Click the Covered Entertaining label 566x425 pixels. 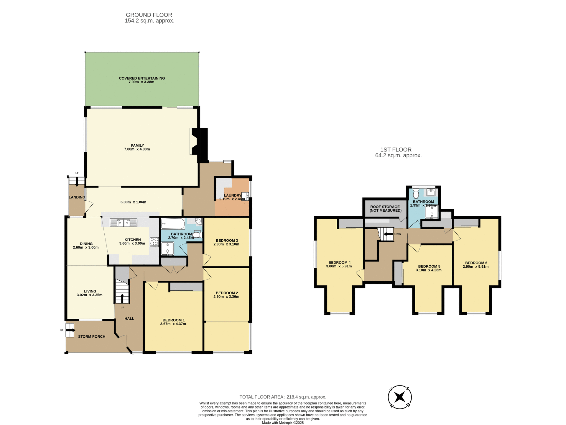(142, 78)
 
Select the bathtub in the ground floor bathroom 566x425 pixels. (173, 224)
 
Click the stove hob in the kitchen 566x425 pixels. (154, 242)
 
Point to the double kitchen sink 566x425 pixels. (124, 223)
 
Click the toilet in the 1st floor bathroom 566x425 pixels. (416, 194)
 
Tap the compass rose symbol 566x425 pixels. (400, 397)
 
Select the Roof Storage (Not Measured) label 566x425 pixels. (385, 209)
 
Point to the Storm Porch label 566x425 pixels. (92, 336)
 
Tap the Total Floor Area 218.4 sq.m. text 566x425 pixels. (283, 397)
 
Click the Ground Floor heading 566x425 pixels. (149, 15)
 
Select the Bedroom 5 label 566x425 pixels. (429, 266)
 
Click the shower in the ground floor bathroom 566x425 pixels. (167, 249)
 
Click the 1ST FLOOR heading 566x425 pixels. (396, 150)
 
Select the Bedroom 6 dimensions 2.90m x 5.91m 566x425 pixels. (475, 267)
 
